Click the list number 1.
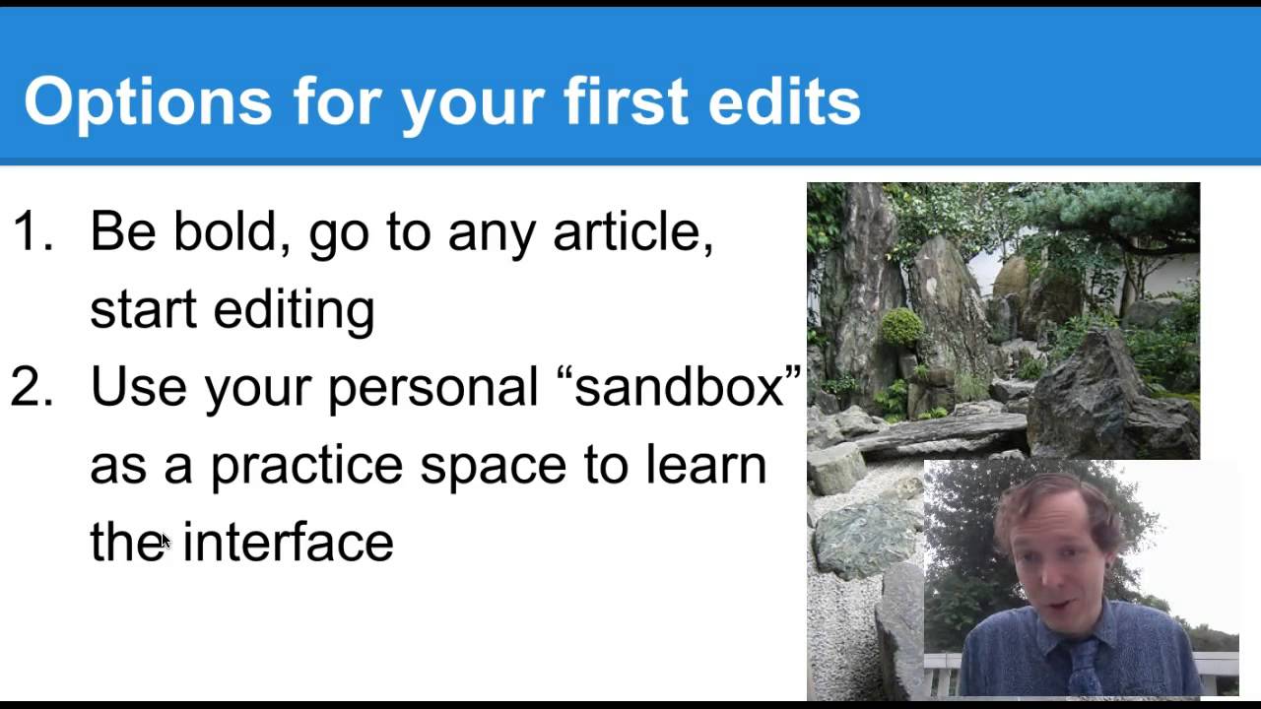[x=32, y=232]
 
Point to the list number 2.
[x=32, y=387]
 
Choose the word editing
[x=294, y=310]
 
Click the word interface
[x=288, y=543]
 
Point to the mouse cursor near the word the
[x=165, y=540]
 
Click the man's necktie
[x=1085, y=670]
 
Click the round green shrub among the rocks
[x=901, y=327]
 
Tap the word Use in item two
[x=136, y=387]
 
